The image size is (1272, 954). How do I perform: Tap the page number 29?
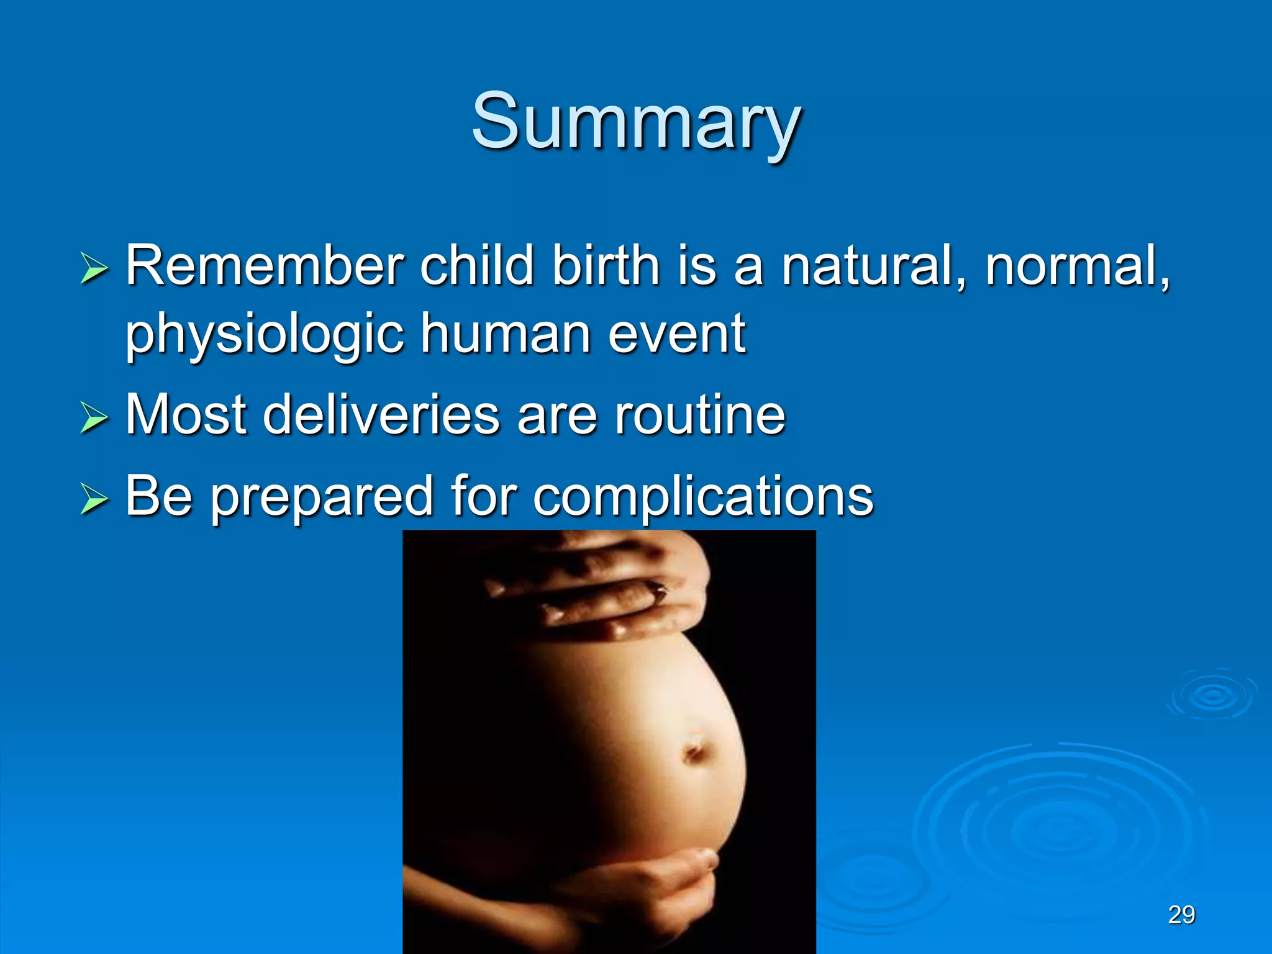tap(1181, 915)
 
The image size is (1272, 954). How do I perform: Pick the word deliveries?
tap(381, 414)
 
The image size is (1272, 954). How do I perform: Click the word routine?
tap(700, 414)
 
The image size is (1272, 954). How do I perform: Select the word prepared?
tap(322, 497)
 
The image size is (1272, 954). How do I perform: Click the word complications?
tap(702, 497)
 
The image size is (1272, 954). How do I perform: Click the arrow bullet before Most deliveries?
tap(94, 417)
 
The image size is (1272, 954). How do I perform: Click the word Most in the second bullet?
tap(186, 414)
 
